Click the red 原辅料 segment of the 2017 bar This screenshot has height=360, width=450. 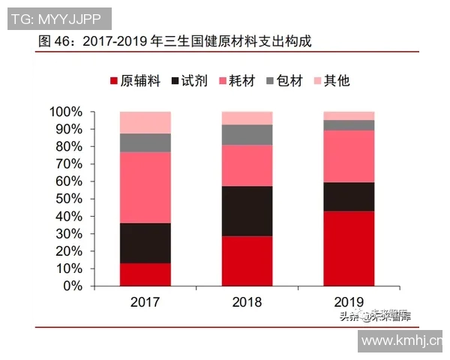[x=145, y=274]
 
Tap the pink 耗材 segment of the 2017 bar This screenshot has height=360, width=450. [x=145, y=187]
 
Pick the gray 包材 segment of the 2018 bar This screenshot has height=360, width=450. [x=247, y=134]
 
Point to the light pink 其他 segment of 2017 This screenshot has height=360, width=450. [x=145, y=122]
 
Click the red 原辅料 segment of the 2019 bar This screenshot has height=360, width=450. [x=349, y=248]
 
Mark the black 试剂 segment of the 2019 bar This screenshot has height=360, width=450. [x=349, y=196]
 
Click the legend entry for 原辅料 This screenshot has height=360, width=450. [x=135, y=80]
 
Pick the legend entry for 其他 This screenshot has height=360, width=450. [x=330, y=80]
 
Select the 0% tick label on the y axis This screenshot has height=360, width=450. [x=72, y=286]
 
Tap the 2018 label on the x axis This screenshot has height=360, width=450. [x=247, y=303]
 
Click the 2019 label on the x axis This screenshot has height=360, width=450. [x=349, y=303]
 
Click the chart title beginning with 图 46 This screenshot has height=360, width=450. [x=174, y=41]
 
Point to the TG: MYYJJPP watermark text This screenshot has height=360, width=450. [x=58, y=17]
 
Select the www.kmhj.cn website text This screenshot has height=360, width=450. [x=401, y=341]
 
